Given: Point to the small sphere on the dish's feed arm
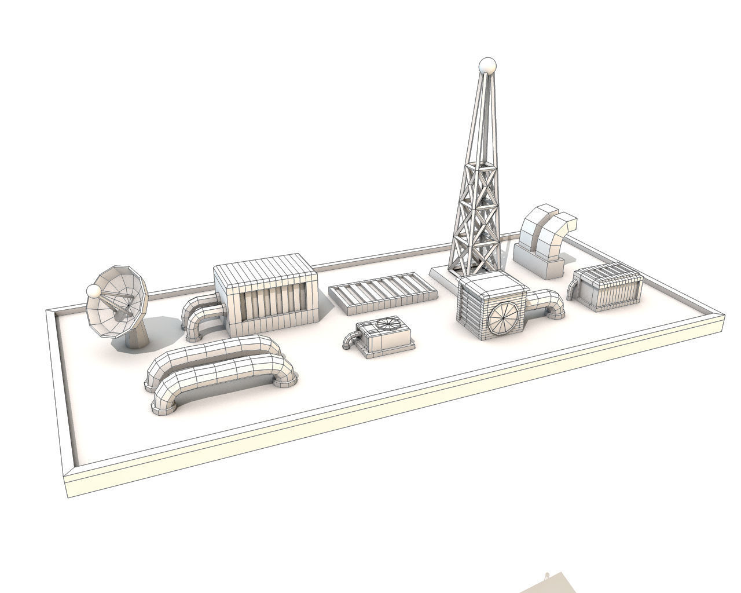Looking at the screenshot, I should point(93,291).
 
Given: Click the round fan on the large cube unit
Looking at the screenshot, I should point(504,317).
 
